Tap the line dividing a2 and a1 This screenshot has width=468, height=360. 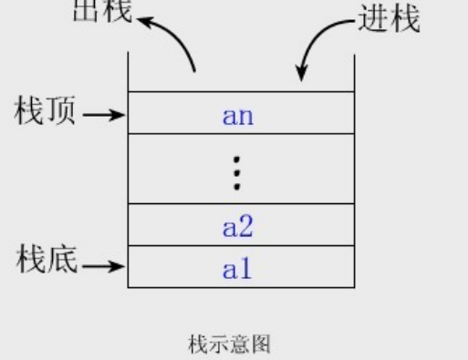[x=240, y=246]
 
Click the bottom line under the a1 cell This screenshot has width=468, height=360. [x=240, y=288]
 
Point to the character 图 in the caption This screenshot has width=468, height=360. [x=262, y=344]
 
